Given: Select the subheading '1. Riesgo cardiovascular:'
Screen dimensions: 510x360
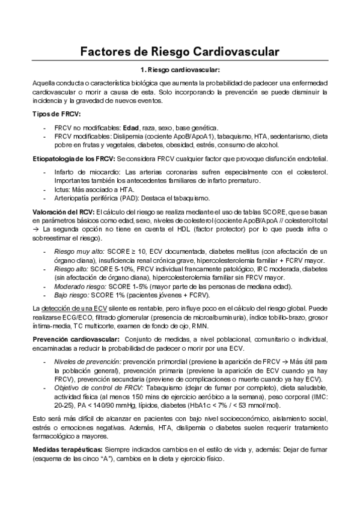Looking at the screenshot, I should coord(179,70).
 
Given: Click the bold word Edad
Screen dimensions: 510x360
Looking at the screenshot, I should coord(130,128).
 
